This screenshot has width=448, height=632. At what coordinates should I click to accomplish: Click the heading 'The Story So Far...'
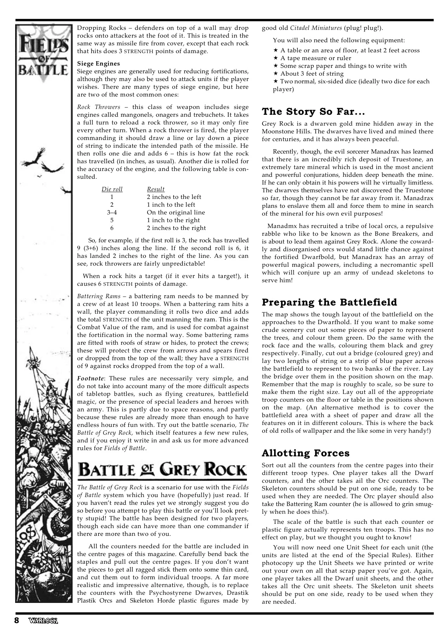[313, 112]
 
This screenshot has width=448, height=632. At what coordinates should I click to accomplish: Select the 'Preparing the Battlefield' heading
[330, 302]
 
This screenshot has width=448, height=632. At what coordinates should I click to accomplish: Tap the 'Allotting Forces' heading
[306, 453]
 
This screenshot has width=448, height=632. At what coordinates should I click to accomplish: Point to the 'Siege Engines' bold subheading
[99, 64]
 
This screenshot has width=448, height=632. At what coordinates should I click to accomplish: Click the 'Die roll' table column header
[112, 189]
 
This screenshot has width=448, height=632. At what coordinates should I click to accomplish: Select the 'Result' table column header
[156, 189]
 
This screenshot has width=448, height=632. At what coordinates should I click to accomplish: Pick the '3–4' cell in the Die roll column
[112, 212]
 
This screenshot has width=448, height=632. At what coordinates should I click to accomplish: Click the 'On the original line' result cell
[175, 212]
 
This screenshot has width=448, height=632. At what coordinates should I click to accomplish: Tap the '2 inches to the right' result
[176, 228]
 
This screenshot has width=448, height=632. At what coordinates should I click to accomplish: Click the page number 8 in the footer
[17, 620]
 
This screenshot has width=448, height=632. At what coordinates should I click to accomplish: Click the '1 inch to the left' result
[171, 205]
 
